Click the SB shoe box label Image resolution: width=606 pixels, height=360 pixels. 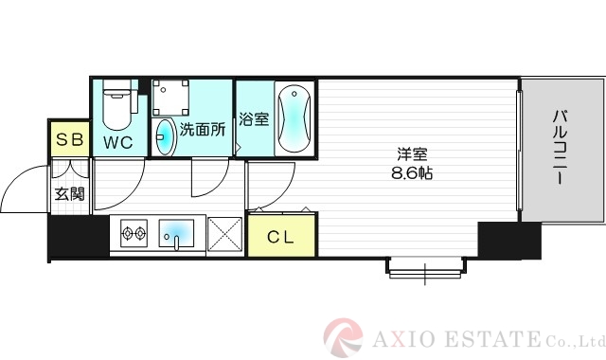(x=70, y=141)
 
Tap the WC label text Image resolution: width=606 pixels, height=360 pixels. (x=118, y=143)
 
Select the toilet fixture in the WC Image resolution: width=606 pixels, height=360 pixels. (x=116, y=108)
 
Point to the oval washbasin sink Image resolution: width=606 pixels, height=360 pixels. (x=166, y=137)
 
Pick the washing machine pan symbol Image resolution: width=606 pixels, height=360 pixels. (x=172, y=99)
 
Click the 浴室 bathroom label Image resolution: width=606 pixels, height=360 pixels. (x=254, y=120)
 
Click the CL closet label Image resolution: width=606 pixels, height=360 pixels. (x=279, y=237)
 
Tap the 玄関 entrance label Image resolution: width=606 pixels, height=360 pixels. (x=68, y=194)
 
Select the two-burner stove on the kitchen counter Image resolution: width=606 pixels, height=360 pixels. (x=132, y=232)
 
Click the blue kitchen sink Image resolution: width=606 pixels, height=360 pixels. (x=176, y=232)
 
